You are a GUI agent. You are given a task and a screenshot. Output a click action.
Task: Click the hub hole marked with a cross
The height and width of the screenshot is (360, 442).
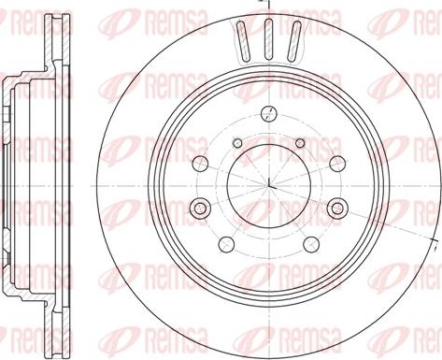coord(268,114)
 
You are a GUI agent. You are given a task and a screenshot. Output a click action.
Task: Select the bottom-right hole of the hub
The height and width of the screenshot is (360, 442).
coord(311,245)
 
